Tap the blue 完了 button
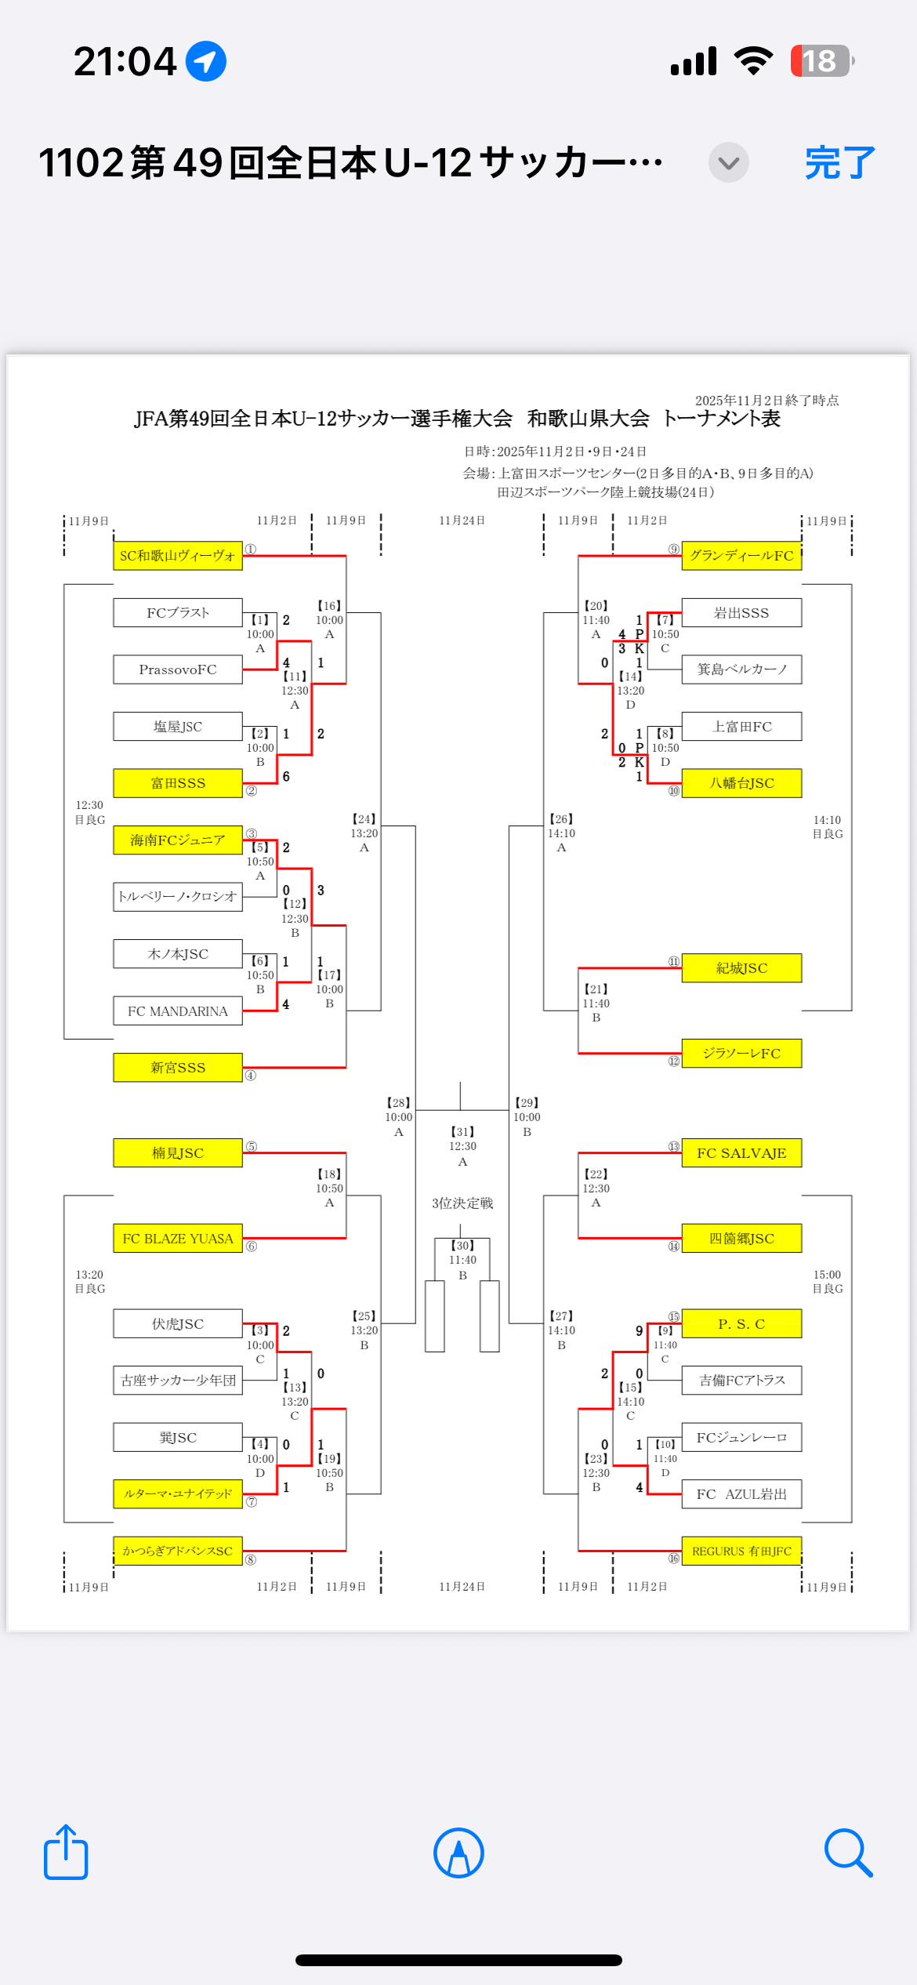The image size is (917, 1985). (839, 163)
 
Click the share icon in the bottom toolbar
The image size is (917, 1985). (66, 1853)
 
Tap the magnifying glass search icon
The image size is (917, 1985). (848, 1853)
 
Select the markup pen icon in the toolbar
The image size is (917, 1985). (458, 1853)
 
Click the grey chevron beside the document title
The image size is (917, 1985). (728, 163)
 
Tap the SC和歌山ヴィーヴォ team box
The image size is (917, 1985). (178, 556)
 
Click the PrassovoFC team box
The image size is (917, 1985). (178, 670)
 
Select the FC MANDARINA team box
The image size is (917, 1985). (178, 1011)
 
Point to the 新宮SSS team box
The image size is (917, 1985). (178, 1068)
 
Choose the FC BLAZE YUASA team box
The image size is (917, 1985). (178, 1239)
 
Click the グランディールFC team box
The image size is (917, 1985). (741, 556)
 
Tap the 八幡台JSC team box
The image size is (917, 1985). (741, 783)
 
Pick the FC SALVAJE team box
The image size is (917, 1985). (741, 1153)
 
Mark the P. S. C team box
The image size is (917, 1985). (741, 1324)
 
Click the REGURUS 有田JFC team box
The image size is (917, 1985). (741, 1551)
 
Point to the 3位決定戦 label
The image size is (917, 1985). (462, 1203)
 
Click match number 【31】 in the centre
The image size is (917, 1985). (462, 1132)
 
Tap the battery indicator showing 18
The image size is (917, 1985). (821, 61)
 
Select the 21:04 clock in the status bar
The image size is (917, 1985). (125, 61)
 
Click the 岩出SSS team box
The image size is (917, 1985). (741, 613)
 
